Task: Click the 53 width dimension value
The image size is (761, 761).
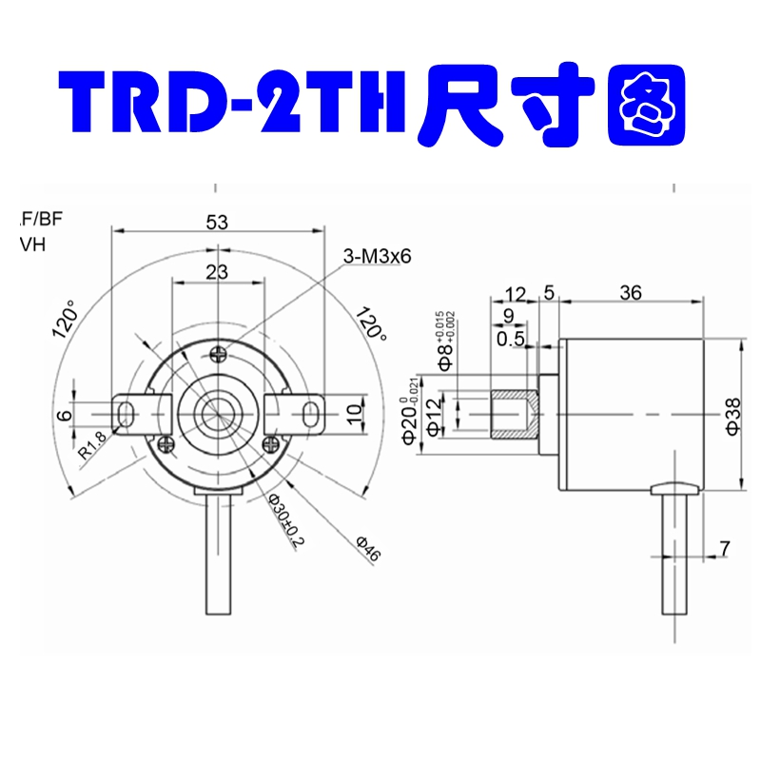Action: pyautogui.click(x=217, y=222)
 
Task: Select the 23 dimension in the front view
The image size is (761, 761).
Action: pyautogui.click(x=217, y=272)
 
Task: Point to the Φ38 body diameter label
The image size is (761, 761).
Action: pyautogui.click(x=732, y=416)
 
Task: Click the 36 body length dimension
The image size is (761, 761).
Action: pyautogui.click(x=629, y=293)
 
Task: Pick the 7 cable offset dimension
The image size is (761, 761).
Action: pyautogui.click(x=724, y=548)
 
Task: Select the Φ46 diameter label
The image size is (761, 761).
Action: pyautogui.click(x=367, y=550)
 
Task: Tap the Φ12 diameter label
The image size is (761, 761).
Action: pyautogui.click(x=433, y=416)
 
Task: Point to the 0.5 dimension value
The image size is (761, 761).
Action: pyautogui.click(x=511, y=338)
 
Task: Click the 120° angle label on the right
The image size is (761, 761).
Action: pyautogui.click(x=371, y=323)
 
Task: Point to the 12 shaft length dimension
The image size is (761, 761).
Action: pyautogui.click(x=515, y=293)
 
